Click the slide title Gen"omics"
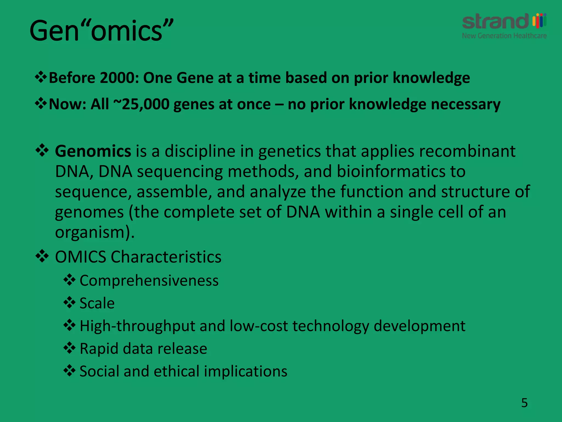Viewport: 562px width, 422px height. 102,31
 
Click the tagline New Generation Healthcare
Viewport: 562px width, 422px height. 504,36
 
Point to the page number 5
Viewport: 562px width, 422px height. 524,403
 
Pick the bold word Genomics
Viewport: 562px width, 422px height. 93,151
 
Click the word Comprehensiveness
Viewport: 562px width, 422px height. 149,281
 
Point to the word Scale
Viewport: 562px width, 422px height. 97,303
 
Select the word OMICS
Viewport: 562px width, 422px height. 80,257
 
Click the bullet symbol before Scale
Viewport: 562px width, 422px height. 69,303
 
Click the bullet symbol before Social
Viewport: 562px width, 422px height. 69,371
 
